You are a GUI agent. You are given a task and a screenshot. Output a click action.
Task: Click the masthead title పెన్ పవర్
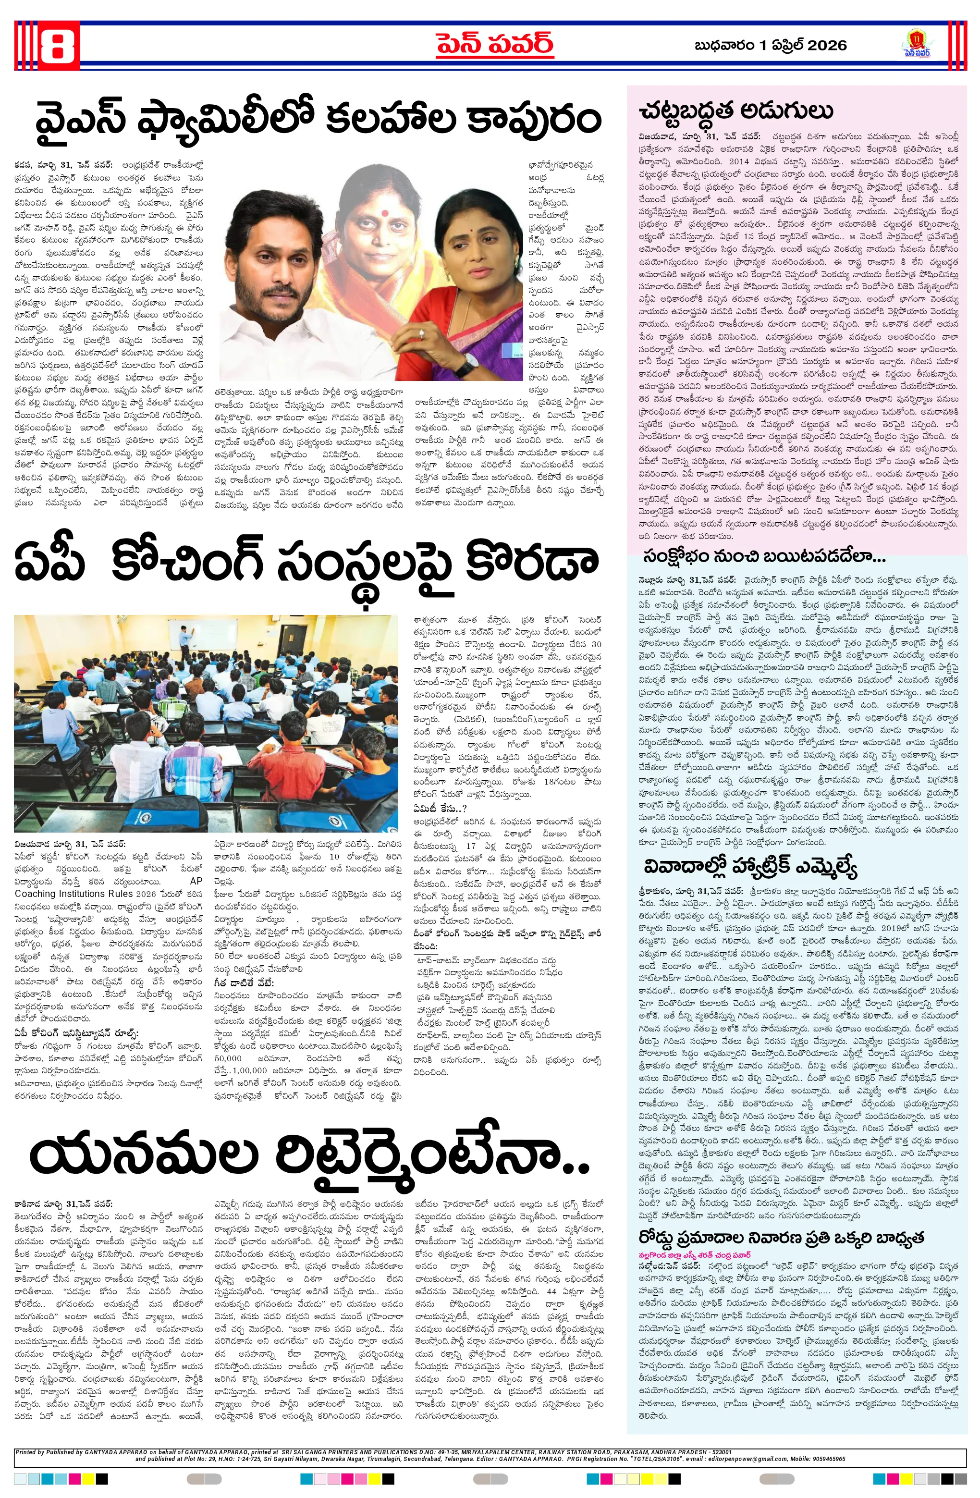tap(495, 44)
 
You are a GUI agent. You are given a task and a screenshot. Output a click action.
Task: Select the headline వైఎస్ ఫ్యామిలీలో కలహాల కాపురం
tap(318, 120)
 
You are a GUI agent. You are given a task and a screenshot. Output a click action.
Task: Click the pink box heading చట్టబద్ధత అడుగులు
tap(735, 111)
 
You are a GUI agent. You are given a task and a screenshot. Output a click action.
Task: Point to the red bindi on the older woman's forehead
tap(383, 203)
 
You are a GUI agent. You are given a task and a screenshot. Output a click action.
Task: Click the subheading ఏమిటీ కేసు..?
tap(440, 808)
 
